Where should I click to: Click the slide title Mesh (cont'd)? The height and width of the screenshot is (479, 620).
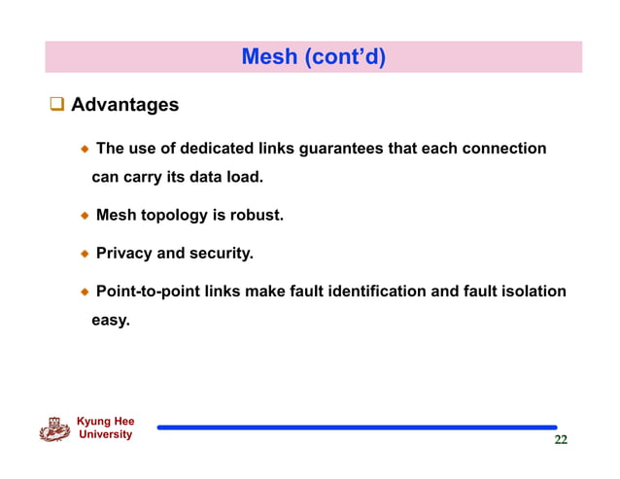click(313, 57)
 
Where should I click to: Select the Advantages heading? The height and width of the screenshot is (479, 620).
click(124, 104)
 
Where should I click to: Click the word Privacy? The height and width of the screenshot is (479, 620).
click(123, 254)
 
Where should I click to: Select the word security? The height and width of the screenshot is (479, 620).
click(221, 254)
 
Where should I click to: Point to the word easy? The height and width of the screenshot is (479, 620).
click(110, 319)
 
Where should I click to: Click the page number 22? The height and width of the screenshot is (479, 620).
click(561, 440)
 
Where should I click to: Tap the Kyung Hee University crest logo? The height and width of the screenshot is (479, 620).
click(53, 429)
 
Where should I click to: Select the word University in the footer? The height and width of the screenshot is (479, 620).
click(104, 435)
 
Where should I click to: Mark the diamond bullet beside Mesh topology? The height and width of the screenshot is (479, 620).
click(86, 216)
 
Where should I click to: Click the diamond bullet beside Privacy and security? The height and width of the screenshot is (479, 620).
click(86, 254)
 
